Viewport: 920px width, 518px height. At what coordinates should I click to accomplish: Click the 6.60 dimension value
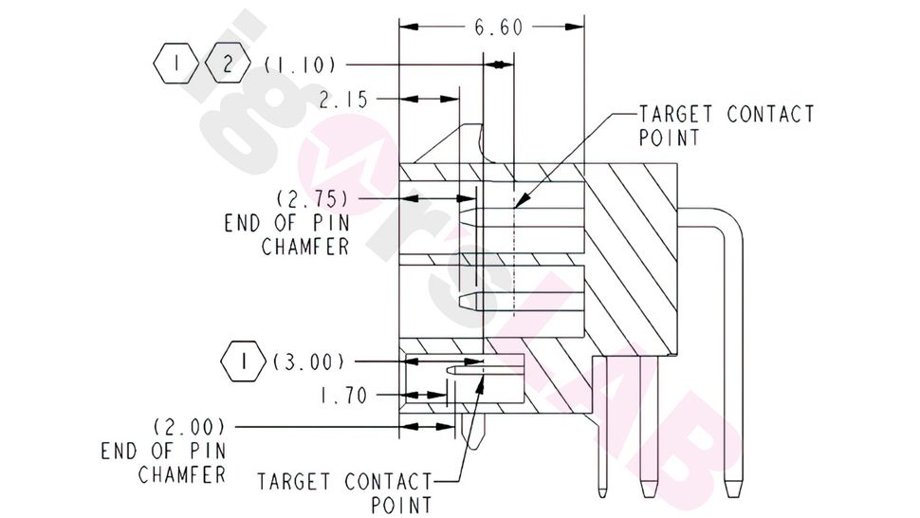[497, 27]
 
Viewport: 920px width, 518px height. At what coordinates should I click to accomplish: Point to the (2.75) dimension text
[312, 200]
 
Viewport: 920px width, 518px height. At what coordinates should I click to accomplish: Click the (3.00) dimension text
[307, 362]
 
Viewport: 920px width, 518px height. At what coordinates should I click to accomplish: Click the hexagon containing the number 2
[228, 65]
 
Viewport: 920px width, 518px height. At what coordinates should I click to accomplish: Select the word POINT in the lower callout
[401, 505]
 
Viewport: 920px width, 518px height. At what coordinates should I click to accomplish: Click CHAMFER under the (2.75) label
[305, 247]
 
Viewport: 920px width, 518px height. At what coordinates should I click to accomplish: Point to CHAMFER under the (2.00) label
[182, 473]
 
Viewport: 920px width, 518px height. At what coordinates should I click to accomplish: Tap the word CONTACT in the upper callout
[770, 115]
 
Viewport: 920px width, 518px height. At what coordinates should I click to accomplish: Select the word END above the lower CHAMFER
[121, 451]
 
